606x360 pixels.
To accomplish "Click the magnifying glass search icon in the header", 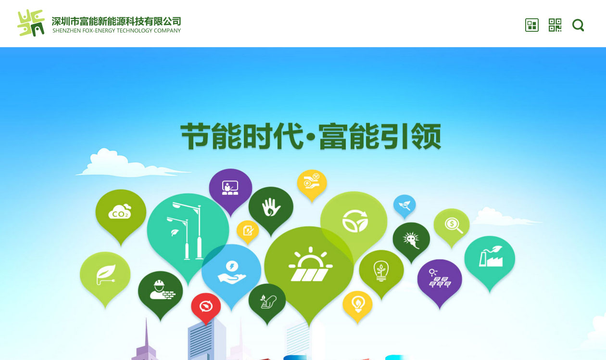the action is tap(578, 25).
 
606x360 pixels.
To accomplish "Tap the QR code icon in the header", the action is tap(555, 25).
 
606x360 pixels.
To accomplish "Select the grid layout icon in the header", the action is tap(531, 25).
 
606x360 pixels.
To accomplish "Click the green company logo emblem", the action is tap(31, 23).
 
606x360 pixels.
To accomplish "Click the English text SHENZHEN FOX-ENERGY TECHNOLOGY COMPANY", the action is tap(116, 31).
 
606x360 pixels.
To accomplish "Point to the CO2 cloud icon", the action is tap(120, 211).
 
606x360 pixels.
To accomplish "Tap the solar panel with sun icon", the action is tap(310, 264).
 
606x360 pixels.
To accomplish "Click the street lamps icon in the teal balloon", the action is tap(185, 231).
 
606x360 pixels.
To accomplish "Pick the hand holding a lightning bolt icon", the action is tap(232, 272).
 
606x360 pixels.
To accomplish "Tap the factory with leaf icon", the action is tap(491, 256).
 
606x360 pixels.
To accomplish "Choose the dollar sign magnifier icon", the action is tap(454, 225).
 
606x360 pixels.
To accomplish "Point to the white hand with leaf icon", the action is tap(271, 207).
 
